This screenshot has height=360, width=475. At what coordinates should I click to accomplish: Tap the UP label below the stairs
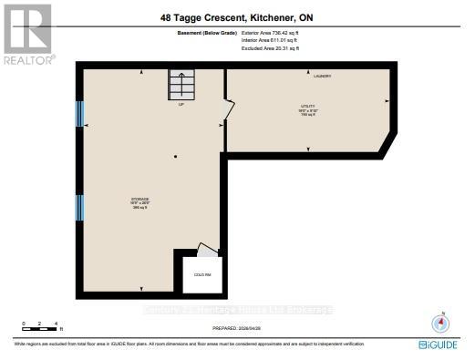coord(181,104)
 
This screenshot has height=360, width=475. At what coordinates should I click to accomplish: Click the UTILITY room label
coord(308,110)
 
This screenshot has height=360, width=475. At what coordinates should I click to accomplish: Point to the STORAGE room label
coord(139,201)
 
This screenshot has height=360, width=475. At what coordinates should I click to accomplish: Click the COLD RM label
coord(201,274)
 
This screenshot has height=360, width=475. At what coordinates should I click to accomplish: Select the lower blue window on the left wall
coord(79,208)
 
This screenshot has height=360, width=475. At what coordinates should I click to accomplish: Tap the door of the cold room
coord(208,249)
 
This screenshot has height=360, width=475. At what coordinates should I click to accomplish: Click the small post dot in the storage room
coord(176,157)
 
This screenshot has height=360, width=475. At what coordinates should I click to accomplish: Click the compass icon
coord(440,324)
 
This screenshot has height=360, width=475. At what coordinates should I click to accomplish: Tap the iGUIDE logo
coord(439,345)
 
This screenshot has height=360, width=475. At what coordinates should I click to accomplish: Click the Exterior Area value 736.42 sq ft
coord(271,32)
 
